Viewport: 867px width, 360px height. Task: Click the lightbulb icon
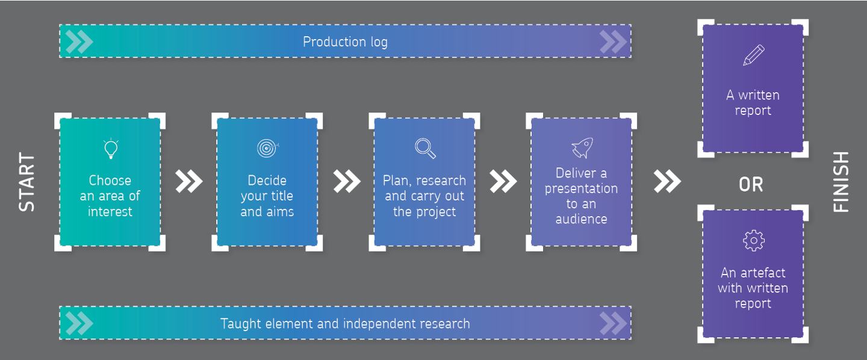pos(110,149)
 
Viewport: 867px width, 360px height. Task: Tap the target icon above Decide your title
pos(267,147)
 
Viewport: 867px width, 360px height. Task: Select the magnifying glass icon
pos(425,148)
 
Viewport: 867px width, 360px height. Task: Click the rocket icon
pos(582,147)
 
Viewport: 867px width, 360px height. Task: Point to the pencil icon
pos(753,55)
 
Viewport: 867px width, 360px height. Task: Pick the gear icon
pos(753,240)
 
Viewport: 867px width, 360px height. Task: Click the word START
pos(27,182)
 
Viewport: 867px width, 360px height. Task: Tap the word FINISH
pos(841,182)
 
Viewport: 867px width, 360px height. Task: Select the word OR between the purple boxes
pos(751,185)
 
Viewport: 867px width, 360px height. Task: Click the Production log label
pos(345,42)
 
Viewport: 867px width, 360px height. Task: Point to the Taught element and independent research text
pos(345,323)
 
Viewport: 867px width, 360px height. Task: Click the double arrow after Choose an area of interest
pos(189,181)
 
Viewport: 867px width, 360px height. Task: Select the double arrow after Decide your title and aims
pos(346,181)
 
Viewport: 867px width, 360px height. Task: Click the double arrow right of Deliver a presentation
pos(667,181)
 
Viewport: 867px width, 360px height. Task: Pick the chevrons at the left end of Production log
pos(79,42)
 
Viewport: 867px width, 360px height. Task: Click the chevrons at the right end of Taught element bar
pos(613,323)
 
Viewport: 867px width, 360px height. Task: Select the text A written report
pos(753,103)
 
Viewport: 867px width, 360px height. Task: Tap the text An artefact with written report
pos(753,288)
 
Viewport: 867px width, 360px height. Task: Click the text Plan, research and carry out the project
pos(424,196)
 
